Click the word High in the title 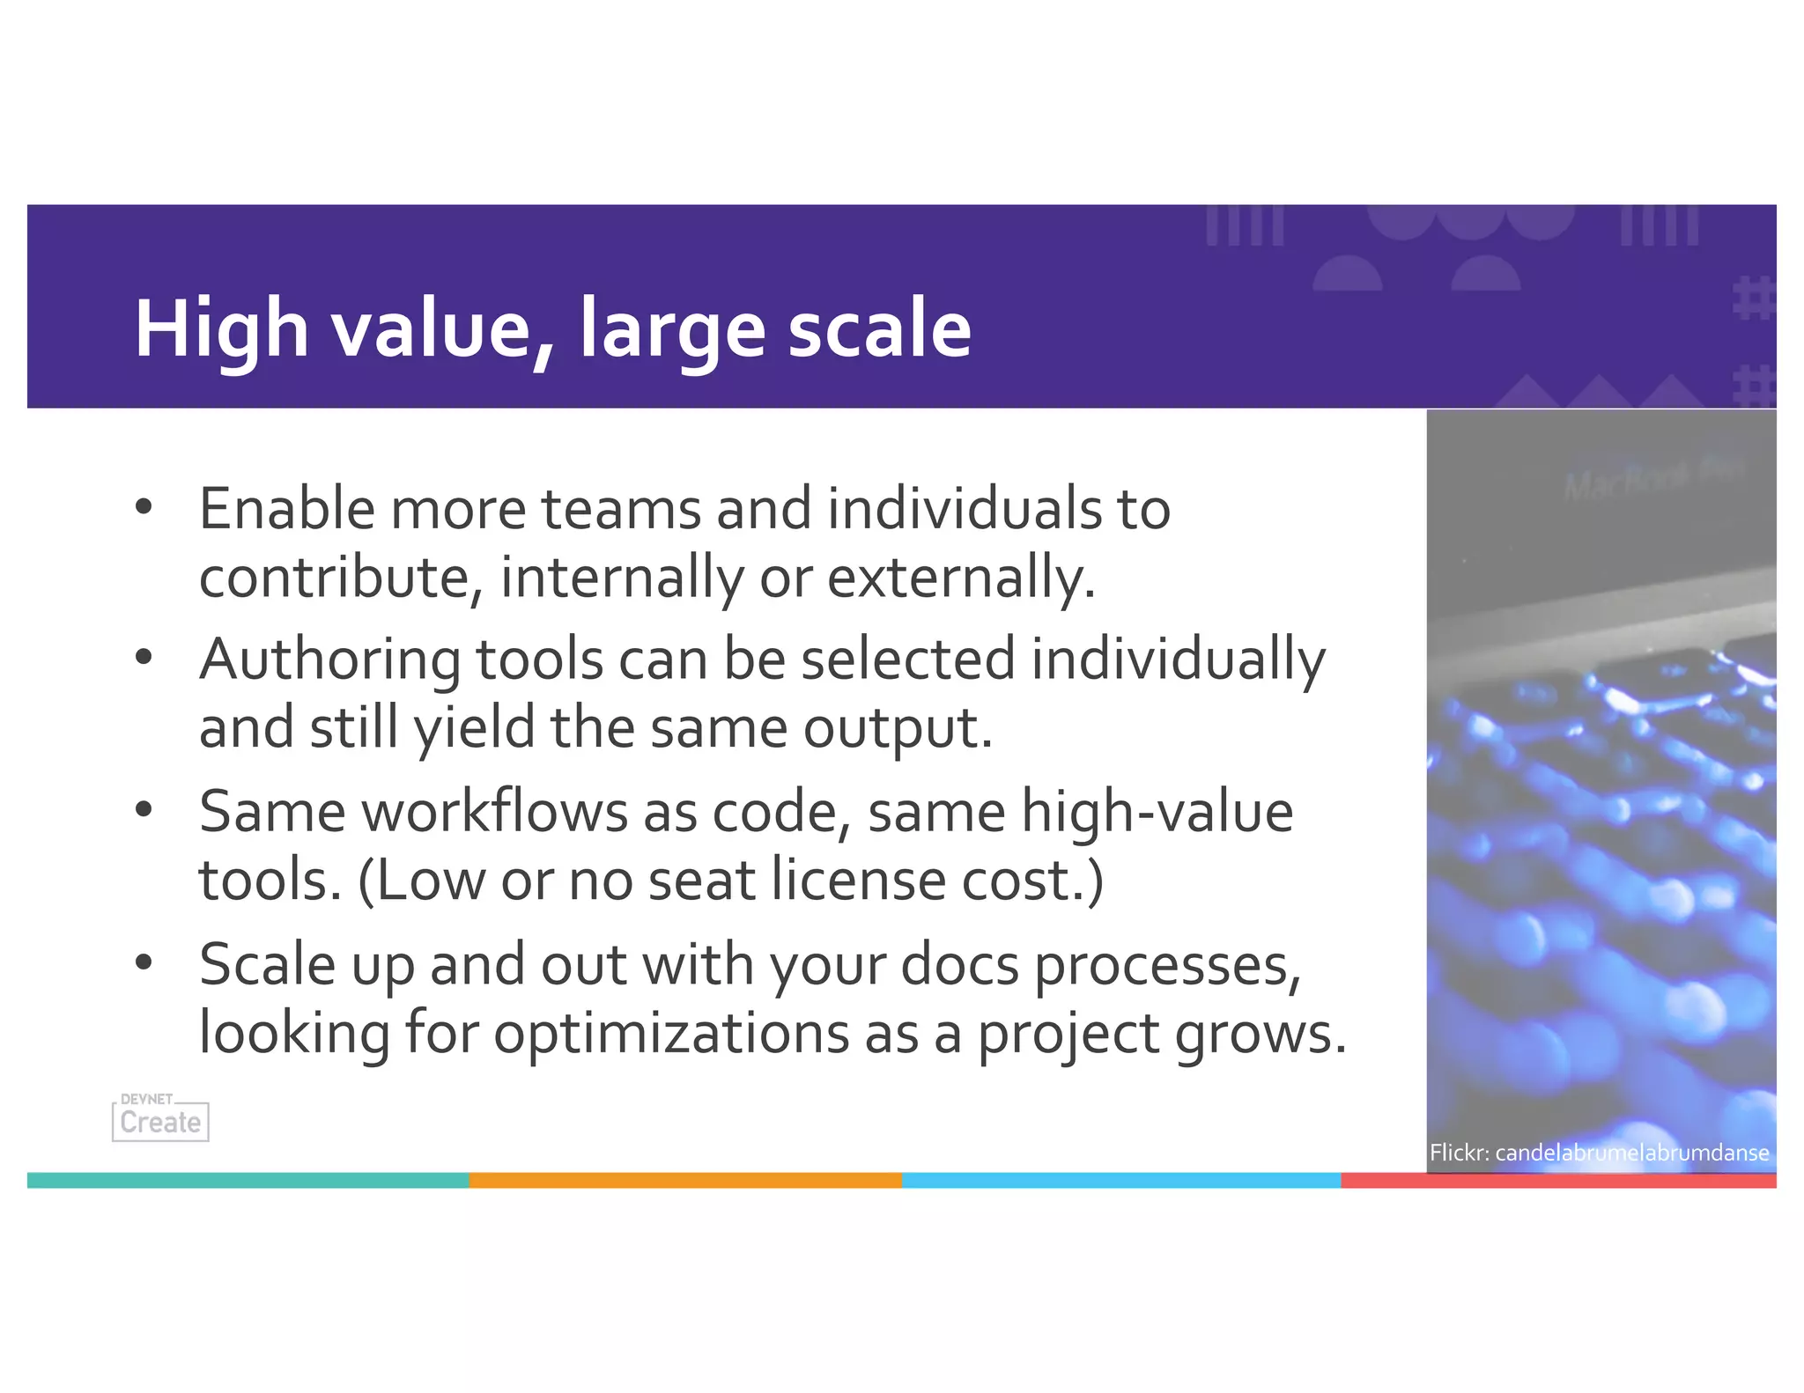221,328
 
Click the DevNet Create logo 160,1118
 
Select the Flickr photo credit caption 1599,1153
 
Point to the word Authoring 329,660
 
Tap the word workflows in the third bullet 494,812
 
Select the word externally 961,578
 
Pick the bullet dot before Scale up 144,962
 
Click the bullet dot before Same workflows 144,810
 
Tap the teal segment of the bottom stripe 247,1180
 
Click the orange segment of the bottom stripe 685,1180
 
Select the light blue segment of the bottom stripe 1120,1180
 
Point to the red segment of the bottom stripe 1557,1180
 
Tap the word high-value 1157,812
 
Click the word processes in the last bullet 1167,966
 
